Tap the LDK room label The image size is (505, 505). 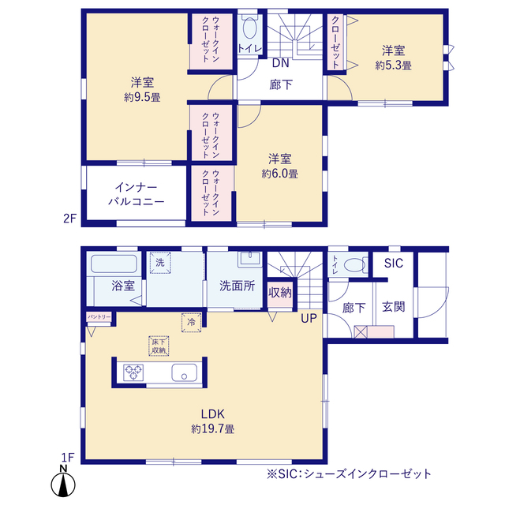tap(213, 413)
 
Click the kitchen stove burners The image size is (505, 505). tap(132, 372)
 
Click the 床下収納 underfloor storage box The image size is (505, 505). tap(158, 345)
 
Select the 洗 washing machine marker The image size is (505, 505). tap(159, 262)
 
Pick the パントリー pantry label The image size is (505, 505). tap(99, 316)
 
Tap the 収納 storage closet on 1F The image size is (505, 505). tap(280, 293)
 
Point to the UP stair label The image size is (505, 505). tap(309, 320)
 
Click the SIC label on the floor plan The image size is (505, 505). tap(393, 263)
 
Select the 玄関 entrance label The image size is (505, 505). tap(393, 306)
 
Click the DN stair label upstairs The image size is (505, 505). tap(280, 62)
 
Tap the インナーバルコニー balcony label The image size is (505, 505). tap(137, 194)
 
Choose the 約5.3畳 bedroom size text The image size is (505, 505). tap(395, 66)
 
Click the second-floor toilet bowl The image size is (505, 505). tap(250, 31)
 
